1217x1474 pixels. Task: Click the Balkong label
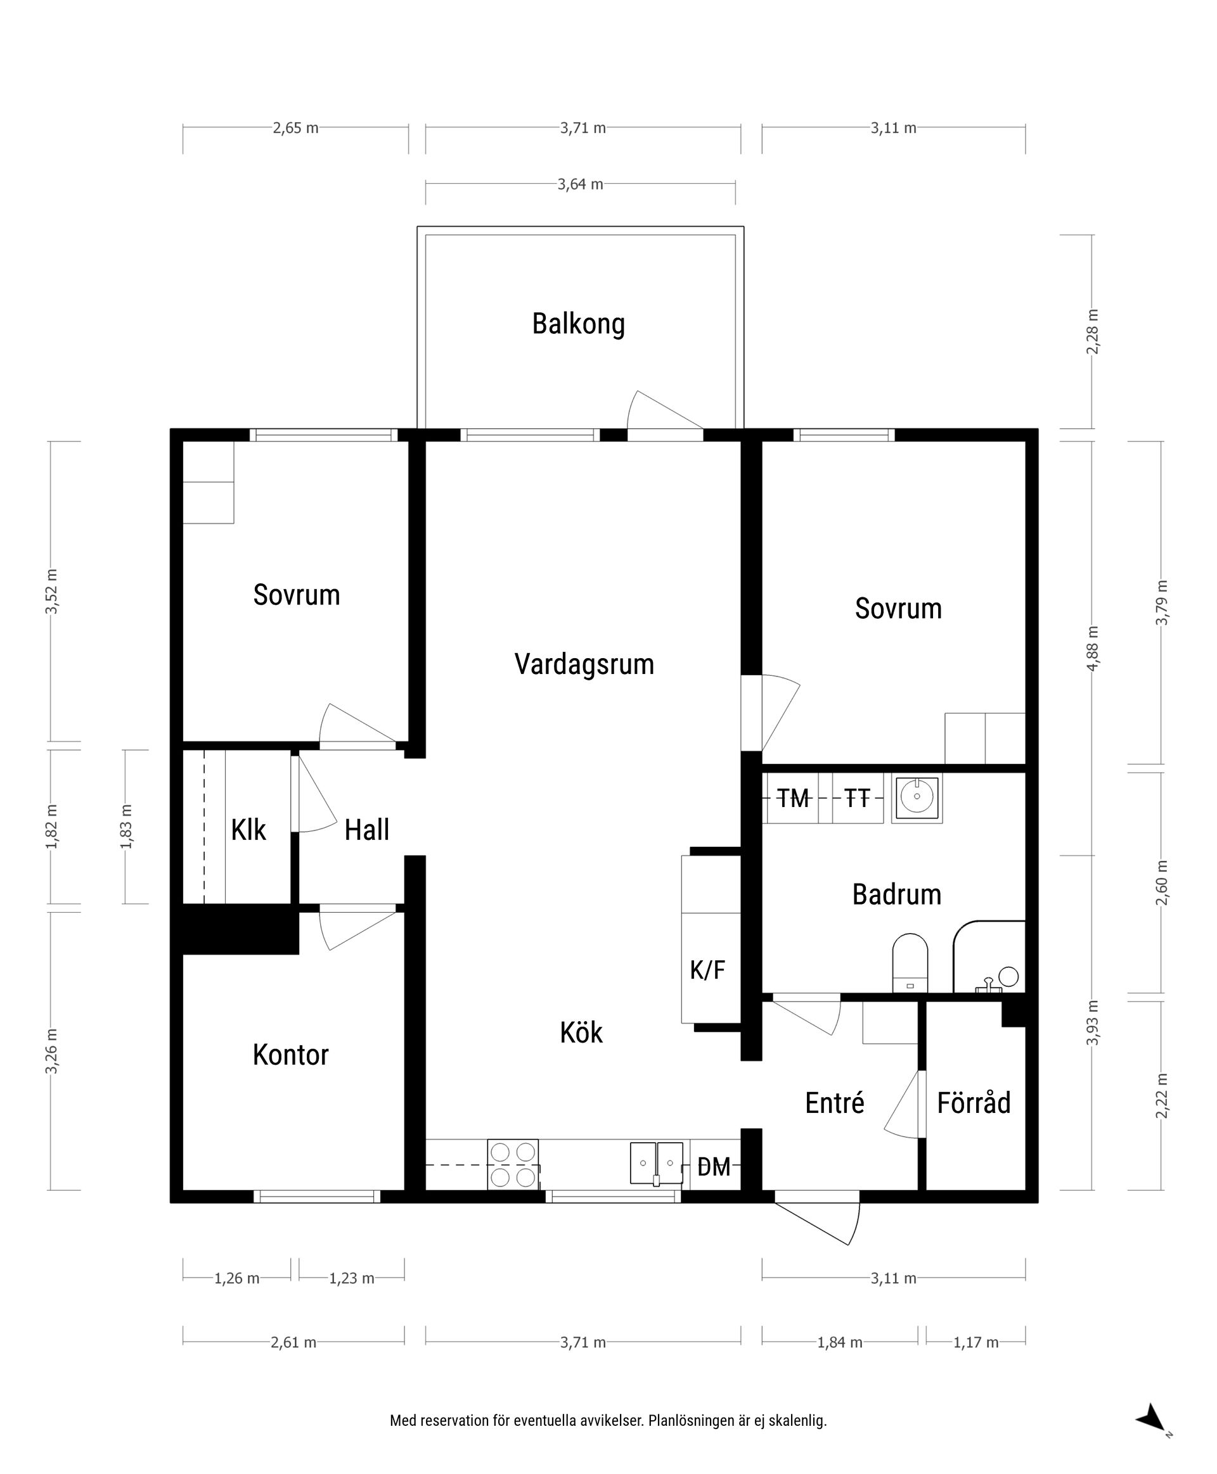pyautogui.click(x=578, y=324)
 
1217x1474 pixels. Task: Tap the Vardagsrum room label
pyautogui.click(x=584, y=664)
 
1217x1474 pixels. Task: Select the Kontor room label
pyautogui.click(x=290, y=1055)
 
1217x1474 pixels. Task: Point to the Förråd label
pyautogui.click(x=974, y=1103)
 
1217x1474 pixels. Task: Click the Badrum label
pyautogui.click(x=897, y=894)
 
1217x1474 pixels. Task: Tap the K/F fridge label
pyautogui.click(x=707, y=970)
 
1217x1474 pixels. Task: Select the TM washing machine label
pyautogui.click(x=794, y=798)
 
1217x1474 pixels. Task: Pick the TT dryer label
pyautogui.click(x=857, y=798)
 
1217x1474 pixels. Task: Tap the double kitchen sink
pyautogui.click(x=656, y=1164)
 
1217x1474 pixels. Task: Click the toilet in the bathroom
pyautogui.click(x=910, y=962)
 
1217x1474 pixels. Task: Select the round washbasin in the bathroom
pyautogui.click(x=917, y=797)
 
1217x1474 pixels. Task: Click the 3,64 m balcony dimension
pyautogui.click(x=581, y=184)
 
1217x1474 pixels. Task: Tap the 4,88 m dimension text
pyautogui.click(x=1092, y=648)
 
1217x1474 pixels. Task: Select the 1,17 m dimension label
pyautogui.click(x=976, y=1342)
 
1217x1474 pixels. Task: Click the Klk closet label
pyautogui.click(x=249, y=830)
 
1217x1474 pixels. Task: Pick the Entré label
pyautogui.click(x=834, y=1103)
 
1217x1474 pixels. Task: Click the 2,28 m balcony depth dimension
pyautogui.click(x=1092, y=331)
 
